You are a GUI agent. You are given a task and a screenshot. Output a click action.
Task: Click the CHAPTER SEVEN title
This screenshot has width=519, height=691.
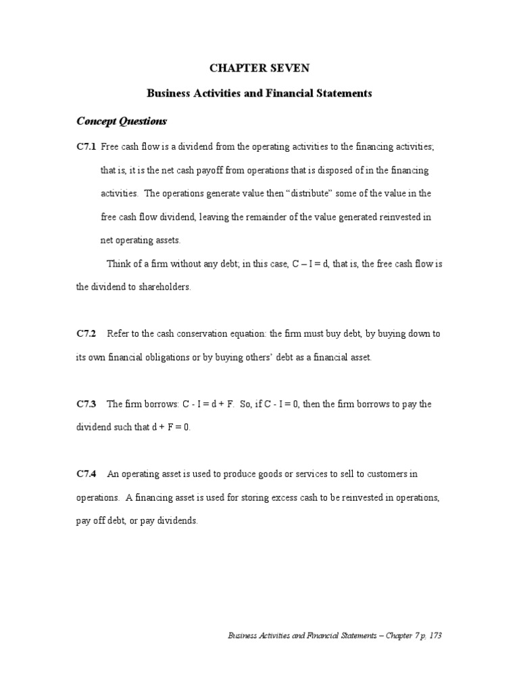click(x=259, y=68)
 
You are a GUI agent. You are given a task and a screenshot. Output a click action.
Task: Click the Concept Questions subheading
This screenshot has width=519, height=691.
click(x=121, y=121)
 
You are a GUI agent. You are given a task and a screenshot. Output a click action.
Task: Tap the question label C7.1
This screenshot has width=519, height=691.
click(x=86, y=147)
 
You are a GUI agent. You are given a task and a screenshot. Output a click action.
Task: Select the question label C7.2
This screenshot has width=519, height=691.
click(x=86, y=334)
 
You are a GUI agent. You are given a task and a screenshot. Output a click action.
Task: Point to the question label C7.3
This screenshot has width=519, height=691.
click(x=86, y=404)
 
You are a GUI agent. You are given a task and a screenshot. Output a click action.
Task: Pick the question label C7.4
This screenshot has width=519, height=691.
click(x=86, y=474)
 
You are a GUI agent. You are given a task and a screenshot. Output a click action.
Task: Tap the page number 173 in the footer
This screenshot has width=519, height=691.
click(x=435, y=636)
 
